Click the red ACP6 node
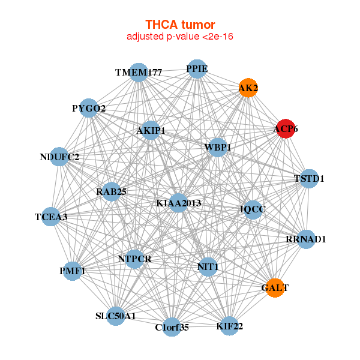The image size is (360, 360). [285, 128]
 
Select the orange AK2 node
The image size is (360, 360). [248, 88]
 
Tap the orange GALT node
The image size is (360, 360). [275, 288]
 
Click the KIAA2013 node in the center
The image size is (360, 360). [179, 203]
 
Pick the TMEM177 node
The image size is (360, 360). [139, 73]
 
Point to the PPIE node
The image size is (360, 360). [197, 68]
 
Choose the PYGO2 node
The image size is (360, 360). [89, 108]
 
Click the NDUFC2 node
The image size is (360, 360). [59, 157]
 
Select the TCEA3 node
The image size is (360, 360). [51, 217]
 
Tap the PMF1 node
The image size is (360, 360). [73, 271]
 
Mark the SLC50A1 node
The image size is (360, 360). [116, 316]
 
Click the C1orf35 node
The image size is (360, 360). [172, 327]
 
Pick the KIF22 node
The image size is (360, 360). [229, 326]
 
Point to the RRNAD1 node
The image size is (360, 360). [306, 239]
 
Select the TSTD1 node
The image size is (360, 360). [308, 178]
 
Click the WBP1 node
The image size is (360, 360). [217, 147]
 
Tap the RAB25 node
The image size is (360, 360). [111, 192]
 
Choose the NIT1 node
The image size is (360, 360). [207, 266]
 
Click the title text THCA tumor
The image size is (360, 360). [180, 25]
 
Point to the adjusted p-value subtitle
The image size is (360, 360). [180, 37]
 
